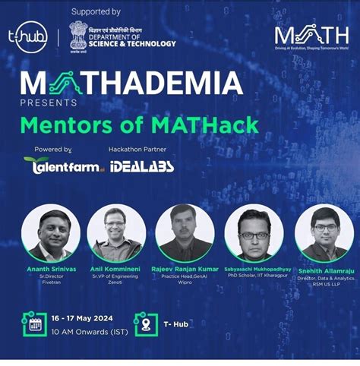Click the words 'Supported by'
click(x=96, y=13)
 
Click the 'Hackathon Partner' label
click(x=136, y=150)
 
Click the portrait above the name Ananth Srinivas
click(x=51, y=232)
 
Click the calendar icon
click(x=34, y=324)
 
